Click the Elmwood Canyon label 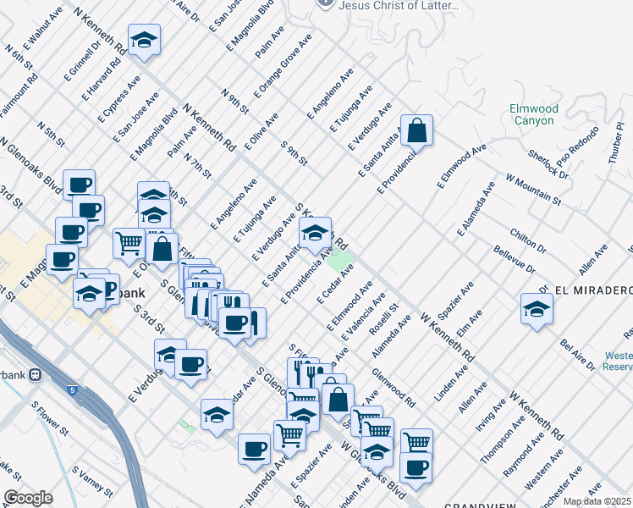(x=534, y=115)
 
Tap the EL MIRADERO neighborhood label (x=593, y=290)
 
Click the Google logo (x=28, y=498)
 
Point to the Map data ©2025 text (x=597, y=501)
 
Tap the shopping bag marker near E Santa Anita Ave (x=416, y=132)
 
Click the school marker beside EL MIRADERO (x=537, y=310)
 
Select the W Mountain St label (x=533, y=190)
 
